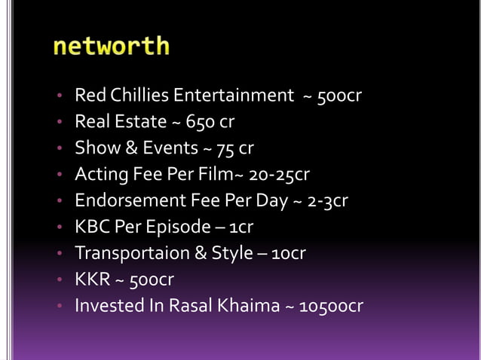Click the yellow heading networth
pos(112,47)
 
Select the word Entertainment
pos(234,96)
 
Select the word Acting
pos(100,175)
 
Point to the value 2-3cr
pos(323,201)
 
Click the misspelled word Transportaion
pos(127,254)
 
